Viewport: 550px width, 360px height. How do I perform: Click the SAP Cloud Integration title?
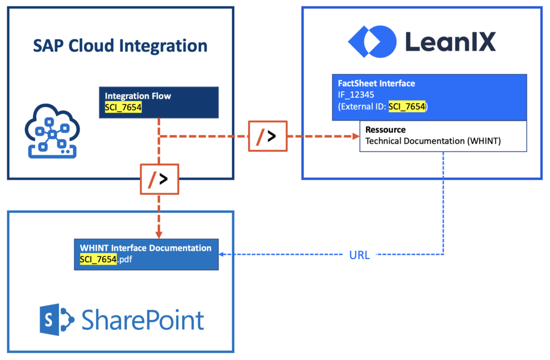pos(120,46)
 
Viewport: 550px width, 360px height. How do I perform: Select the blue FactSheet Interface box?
pos(429,97)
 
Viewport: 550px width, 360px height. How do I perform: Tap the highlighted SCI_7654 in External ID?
pos(407,106)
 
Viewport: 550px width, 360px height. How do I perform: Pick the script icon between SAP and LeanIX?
pos(267,136)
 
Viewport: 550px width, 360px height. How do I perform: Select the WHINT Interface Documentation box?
pos(146,254)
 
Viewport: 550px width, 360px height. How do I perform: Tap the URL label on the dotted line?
pos(359,255)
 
